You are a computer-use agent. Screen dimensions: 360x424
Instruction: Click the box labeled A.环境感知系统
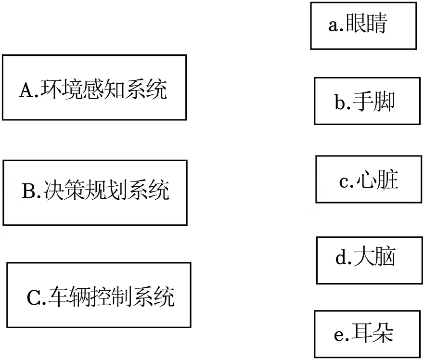pyautogui.click(x=94, y=87)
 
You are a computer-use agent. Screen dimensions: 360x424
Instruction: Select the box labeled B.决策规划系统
pyautogui.click(x=95, y=193)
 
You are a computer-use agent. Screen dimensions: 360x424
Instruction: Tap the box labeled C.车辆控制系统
pyautogui.click(x=99, y=295)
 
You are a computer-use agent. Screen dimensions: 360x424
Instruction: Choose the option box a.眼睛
pyautogui.click(x=363, y=26)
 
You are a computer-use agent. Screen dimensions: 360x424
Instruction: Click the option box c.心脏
pyautogui.click(x=368, y=179)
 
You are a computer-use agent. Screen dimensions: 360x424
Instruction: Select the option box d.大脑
pyautogui.click(x=368, y=260)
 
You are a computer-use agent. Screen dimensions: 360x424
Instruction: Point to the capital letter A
pyautogui.click(x=25, y=90)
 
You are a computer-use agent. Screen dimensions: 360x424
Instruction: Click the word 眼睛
pyautogui.click(x=366, y=24)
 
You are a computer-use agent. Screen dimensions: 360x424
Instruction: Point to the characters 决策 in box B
pyautogui.click(x=64, y=191)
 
